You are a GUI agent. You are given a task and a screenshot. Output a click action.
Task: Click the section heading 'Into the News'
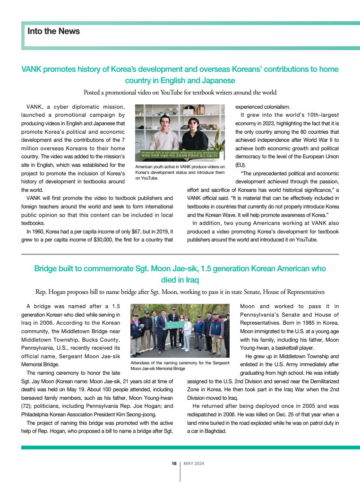click(x=53, y=31)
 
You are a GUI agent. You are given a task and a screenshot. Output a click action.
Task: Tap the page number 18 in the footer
click(x=174, y=464)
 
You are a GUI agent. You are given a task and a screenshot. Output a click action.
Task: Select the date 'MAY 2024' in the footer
click(x=194, y=464)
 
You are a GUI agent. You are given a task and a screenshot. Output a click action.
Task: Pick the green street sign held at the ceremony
click(x=175, y=325)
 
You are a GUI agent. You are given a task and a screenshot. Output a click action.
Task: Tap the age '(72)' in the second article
click(x=27, y=405)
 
